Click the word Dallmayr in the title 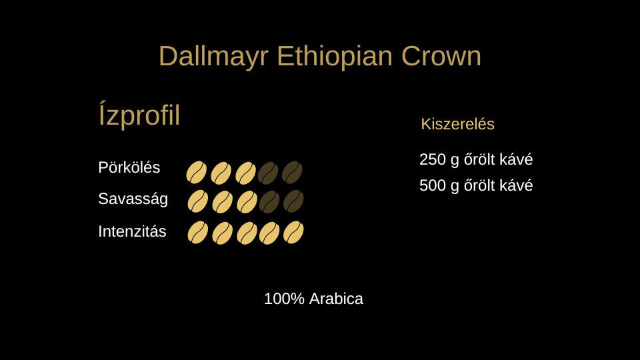pyautogui.click(x=213, y=57)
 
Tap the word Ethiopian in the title pyautogui.click(x=335, y=57)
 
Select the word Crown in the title pyautogui.click(x=441, y=56)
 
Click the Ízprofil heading pyautogui.click(x=139, y=115)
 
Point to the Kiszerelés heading pyautogui.click(x=457, y=124)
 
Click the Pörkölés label pyautogui.click(x=129, y=167)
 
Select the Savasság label pyautogui.click(x=133, y=199)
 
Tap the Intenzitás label pyautogui.click(x=132, y=231)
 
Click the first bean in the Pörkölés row pyautogui.click(x=196, y=172)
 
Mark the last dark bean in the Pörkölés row pyautogui.click(x=292, y=172)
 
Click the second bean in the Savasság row pyautogui.click(x=223, y=201)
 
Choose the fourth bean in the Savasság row pyautogui.click(x=269, y=201)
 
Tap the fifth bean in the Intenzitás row pyautogui.click(x=293, y=232)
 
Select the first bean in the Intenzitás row pyautogui.click(x=197, y=233)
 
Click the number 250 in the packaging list pyautogui.click(x=433, y=159)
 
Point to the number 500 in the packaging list pyautogui.click(x=433, y=185)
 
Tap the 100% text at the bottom pyautogui.click(x=284, y=299)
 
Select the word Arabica pyautogui.click(x=336, y=299)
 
